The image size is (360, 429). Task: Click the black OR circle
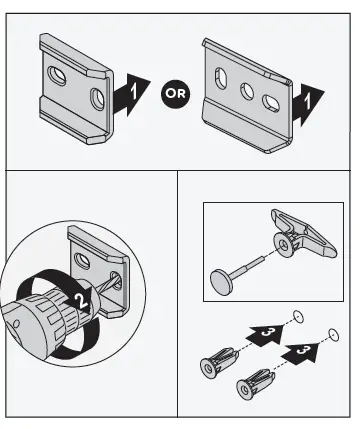click(x=175, y=94)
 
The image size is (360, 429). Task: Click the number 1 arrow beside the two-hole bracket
click(x=131, y=95)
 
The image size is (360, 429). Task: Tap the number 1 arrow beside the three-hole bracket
click(x=307, y=104)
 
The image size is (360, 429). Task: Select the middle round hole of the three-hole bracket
click(x=248, y=91)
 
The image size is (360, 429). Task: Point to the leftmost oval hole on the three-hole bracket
click(x=220, y=78)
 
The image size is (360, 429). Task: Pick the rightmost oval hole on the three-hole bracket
click(x=271, y=103)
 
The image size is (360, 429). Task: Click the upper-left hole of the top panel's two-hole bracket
click(x=57, y=76)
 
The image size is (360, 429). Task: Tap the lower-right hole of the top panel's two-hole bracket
click(x=98, y=99)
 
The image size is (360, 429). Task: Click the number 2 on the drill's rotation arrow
click(x=81, y=301)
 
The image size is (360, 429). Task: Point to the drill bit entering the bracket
click(x=107, y=284)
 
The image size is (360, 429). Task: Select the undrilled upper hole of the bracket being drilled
click(x=83, y=261)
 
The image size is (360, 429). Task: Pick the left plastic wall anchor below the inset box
click(x=219, y=363)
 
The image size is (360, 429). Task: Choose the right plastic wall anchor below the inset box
click(x=256, y=384)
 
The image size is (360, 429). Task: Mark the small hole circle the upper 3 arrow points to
click(x=298, y=316)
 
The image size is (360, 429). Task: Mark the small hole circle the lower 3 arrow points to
click(x=334, y=335)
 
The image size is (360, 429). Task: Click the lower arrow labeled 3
click(x=300, y=352)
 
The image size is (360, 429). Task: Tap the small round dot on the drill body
click(x=15, y=324)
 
